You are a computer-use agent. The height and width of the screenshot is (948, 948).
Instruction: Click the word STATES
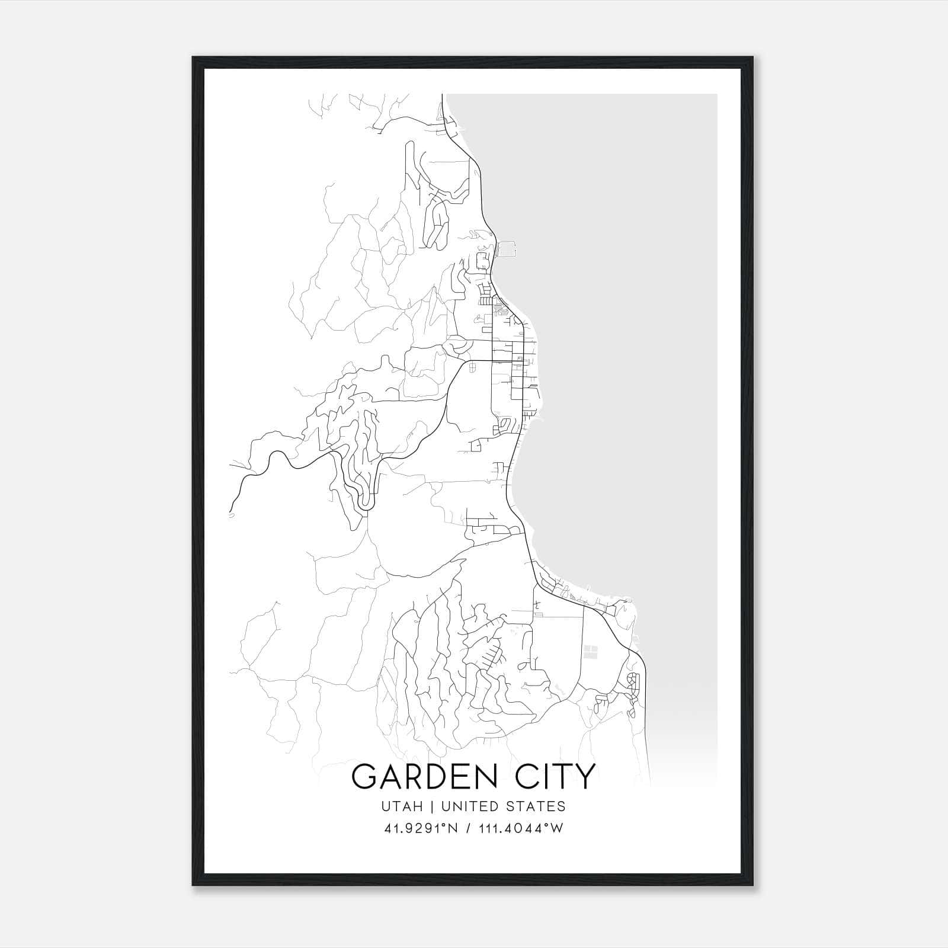(x=537, y=806)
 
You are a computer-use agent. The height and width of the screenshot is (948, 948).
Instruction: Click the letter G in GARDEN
(x=365, y=776)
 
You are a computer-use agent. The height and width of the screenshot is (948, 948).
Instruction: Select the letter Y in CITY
(x=584, y=776)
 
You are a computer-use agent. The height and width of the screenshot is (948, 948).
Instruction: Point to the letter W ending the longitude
(x=557, y=828)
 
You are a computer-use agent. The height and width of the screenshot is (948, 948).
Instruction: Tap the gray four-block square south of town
(x=591, y=652)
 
